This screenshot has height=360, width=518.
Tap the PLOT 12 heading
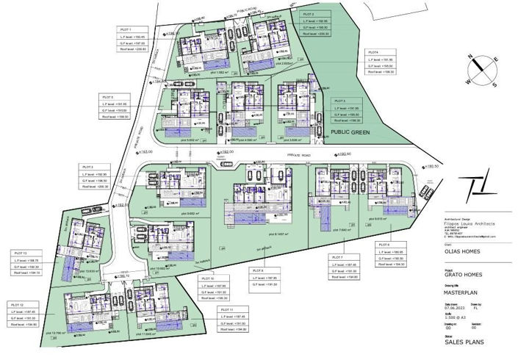16,303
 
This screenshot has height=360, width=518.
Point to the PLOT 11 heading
226,310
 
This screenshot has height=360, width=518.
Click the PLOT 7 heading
337,256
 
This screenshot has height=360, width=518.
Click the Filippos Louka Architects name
470,223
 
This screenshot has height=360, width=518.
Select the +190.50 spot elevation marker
431,167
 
